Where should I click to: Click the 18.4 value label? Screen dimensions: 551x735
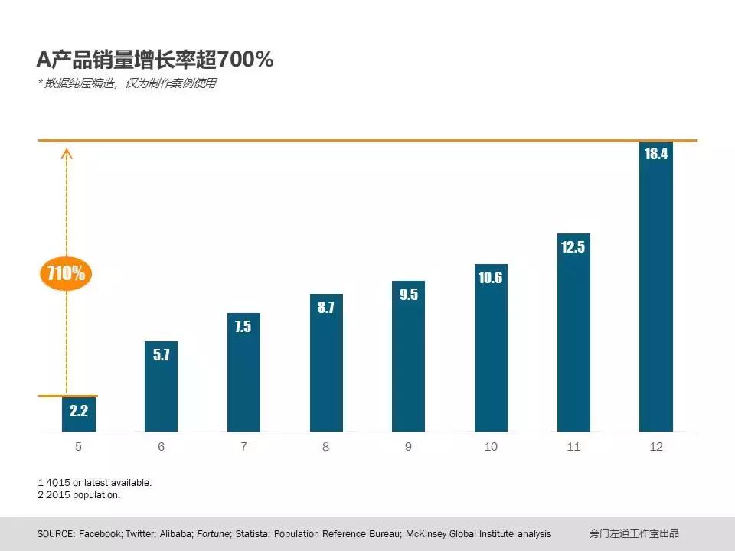pyautogui.click(x=656, y=154)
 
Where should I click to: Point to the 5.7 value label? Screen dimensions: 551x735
pyautogui.click(x=161, y=355)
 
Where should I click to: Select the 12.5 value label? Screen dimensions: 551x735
pyautogui.click(x=573, y=247)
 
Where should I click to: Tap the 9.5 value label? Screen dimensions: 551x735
pyautogui.click(x=409, y=295)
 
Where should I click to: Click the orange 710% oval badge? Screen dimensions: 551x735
pyautogui.click(x=66, y=273)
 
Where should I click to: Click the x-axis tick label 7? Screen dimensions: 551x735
pyautogui.click(x=243, y=447)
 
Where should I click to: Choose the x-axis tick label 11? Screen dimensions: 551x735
pyautogui.click(x=573, y=447)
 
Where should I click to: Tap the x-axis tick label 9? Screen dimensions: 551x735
pyautogui.click(x=408, y=447)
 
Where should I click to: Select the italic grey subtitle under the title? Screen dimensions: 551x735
pyautogui.click(x=127, y=83)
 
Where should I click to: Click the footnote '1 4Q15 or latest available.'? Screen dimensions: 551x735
pyautogui.click(x=94, y=483)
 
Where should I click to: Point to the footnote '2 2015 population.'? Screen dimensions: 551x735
pyautogui.click(x=79, y=495)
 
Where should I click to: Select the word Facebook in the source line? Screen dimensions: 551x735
pyautogui.click(x=100, y=533)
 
